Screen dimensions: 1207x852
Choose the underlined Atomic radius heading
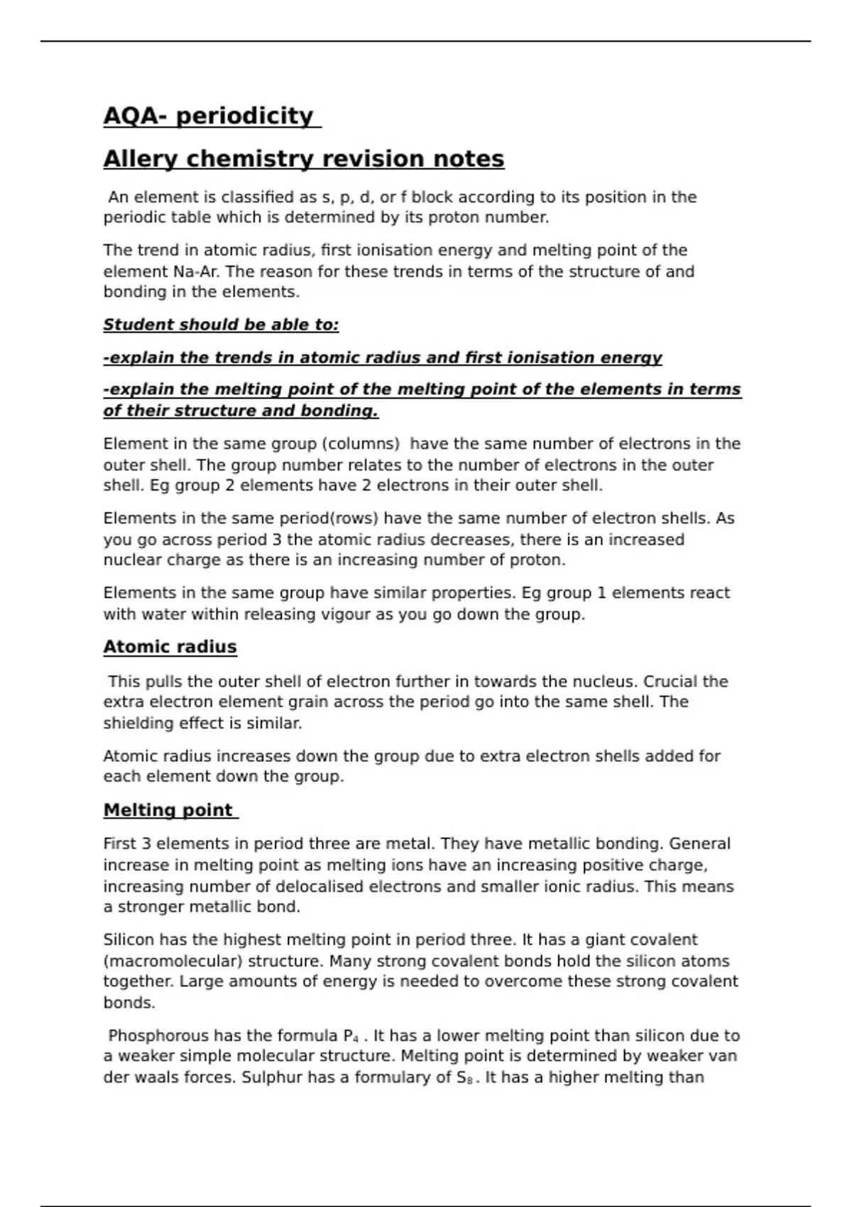[170, 647]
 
